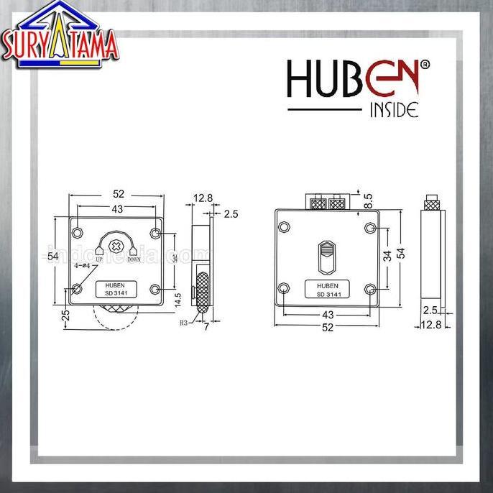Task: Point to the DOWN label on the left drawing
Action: (134, 260)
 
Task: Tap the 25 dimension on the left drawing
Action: (66, 315)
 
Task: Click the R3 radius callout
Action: (184, 323)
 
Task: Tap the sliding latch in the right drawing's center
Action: (326, 257)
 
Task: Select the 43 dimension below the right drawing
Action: (327, 315)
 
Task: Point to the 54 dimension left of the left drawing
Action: (52, 256)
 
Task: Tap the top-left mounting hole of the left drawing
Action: (77, 234)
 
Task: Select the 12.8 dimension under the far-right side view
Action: (432, 326)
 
